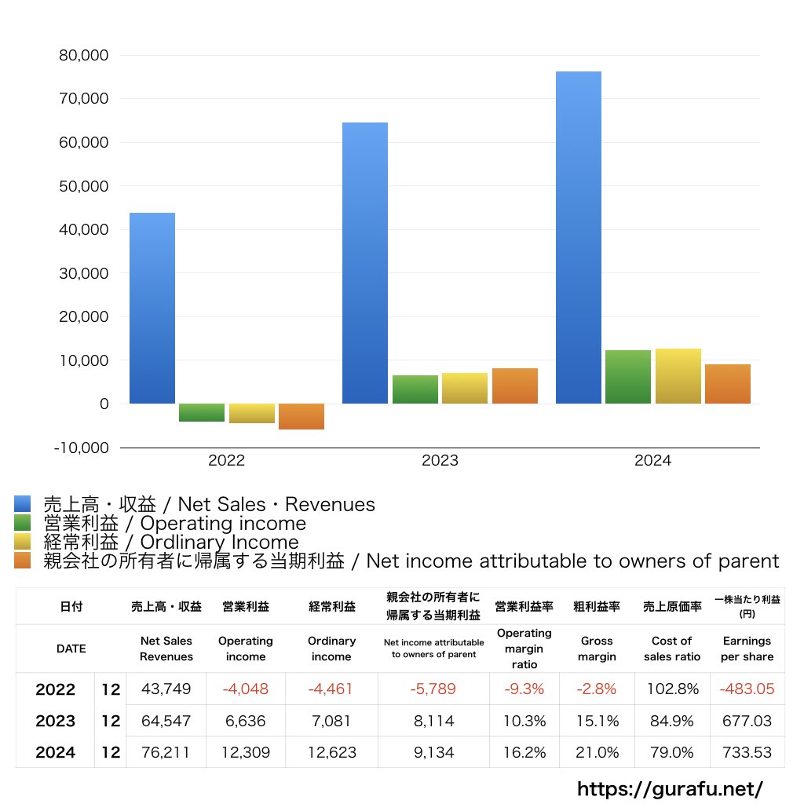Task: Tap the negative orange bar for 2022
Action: click(x=301, y=416)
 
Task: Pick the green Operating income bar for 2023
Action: click(x=415, y=389)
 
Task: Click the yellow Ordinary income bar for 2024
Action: click(x=678, y=376)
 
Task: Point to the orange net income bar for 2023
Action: click(x=515, y=386)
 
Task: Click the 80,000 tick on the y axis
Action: click(x=83, y=56)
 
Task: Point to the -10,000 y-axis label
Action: click(x=81, y=448)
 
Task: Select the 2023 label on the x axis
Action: click(x=440, y=461)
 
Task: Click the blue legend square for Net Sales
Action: click(x=22, y=504)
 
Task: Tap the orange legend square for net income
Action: click(x=22, y=561)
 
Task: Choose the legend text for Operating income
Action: click(x=174, y=524)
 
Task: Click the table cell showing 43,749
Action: click(x=166, y=689)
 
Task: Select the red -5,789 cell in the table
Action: click(x=433, y=689)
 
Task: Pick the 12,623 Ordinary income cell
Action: click(x=331, y=752)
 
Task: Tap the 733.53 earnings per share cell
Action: click(x=746, y=752)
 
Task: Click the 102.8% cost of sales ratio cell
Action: click(x=671, y=689)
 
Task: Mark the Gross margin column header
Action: click(x=597, y=649)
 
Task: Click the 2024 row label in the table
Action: click(x=56, y=752)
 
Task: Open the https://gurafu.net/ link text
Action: click(x=670, y=788)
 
